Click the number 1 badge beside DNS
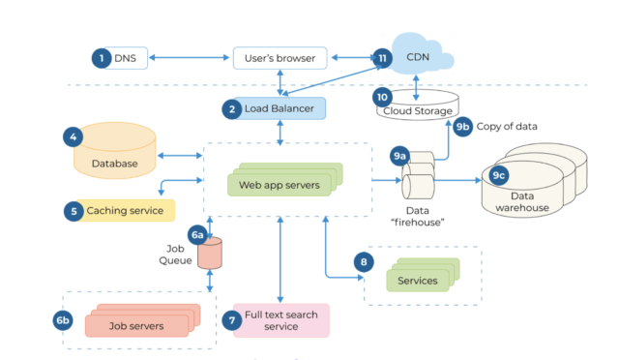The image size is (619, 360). pyautogui.click(x=101, y=59)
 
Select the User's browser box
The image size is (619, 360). pyautogui.click(x=280, y=59)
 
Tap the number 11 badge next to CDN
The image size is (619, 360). pyautogui.click(x=383, y=59)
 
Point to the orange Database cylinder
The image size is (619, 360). pyautogui.click(x=114, y=155)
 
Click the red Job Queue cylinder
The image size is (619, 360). pyautogui.click(x=209, y=255)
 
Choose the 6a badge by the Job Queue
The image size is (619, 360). pyautogui.click(x=197, y=235)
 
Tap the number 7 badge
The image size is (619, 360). pyautogui.click(x=230, y=319)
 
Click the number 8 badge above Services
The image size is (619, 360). pyautogui.click(x=364, y=261)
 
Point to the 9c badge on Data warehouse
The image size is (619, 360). pyautogui.click(x=499, y=175)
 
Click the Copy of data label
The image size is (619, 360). pyautogui.click(x=509, y=127)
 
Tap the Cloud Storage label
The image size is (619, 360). pyautogui.click(x=418, y=111)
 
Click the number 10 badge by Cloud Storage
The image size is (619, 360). pyautogui.click(x=381, y=98)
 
